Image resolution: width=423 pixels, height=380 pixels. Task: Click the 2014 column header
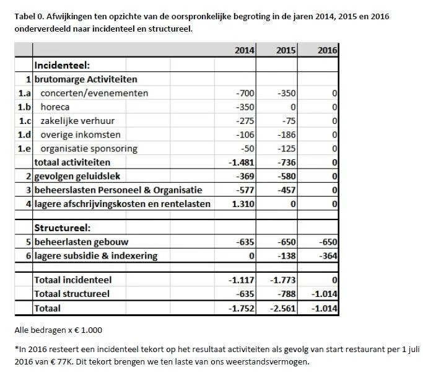tap(245, 51)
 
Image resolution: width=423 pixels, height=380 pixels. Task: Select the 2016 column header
tap(327, 51)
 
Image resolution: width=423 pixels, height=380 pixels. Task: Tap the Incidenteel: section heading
tap(63, 65)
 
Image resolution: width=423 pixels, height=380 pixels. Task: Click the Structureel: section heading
tap(62, 228)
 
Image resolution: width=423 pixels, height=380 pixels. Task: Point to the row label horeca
tap(55, 107)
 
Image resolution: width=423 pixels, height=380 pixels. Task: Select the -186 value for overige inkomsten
tap(286, 135)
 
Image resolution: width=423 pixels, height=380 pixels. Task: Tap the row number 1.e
tap(24, 149)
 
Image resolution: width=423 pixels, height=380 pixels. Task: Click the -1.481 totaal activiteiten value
tap(242, 162)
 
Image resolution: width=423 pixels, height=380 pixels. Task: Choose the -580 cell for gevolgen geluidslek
tap(286, 177)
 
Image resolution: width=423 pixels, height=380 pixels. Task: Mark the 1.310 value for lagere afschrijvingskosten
tap(242, 204)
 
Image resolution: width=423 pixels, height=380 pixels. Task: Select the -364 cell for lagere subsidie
tap(327, 255)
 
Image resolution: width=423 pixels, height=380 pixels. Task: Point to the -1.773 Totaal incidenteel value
tap(283, 280)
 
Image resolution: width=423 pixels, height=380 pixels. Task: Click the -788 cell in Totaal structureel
tap(286, 294)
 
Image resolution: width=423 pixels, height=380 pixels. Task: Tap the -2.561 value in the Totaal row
tap(283, 308)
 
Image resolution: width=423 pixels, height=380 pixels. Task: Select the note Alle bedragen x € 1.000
tap(58, 330)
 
